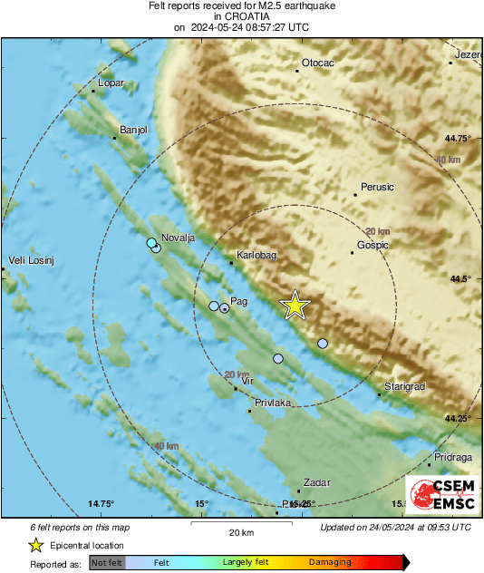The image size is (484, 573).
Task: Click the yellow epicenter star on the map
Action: click(x=295, y=306)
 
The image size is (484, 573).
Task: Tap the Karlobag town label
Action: click(x=254, y=256)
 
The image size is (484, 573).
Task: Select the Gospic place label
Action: click(x=373, y=245)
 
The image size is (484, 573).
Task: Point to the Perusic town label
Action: click(x=377, y=188)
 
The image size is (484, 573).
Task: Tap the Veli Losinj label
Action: click(x=32, y=261)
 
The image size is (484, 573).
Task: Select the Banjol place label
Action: click(x=133, y=130)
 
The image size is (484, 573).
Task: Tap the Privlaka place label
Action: click(x=273, y=402)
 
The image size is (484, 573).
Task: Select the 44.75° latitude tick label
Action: click(x=459, y=138)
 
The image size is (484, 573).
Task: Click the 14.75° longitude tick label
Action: click(x=101, y=503)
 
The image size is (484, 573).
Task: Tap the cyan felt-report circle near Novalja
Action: click(x=151, y=243)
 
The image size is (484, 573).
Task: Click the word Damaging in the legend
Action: click(x=330, y=562)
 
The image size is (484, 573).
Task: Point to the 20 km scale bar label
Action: click(x=241, y=532)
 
